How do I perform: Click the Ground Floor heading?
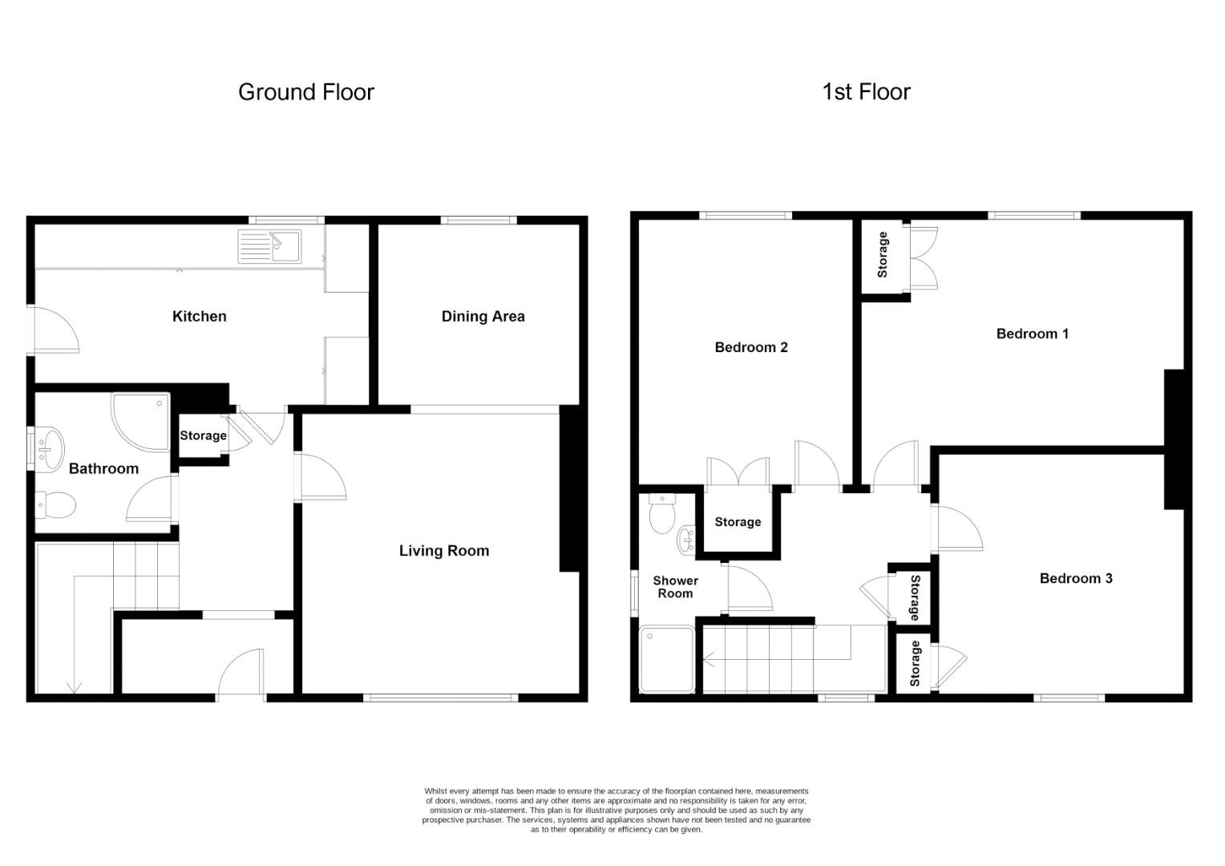[x=305, y=92]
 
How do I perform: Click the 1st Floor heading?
[x=866, y=92]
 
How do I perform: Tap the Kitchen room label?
[x=199, y=317]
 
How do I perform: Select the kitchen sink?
[x=269, y=246]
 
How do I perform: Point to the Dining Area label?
[x=483, y=317]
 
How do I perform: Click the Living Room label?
[x=443, y=551]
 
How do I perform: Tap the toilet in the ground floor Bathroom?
[x=56, y=505]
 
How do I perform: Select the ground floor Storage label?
[x=203, y=435]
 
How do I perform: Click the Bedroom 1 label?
[x=1032, y=334]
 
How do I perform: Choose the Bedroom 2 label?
[x=750, y=347]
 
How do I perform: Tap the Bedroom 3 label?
[x=1075, y=578]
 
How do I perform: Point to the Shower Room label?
[x=675, y=587]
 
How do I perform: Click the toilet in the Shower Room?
[x=662, y=515]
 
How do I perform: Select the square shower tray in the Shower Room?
[x=667, y=660]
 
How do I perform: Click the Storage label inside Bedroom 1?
[x=883, y=255]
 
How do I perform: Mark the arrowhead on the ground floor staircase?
[x=75, y=687]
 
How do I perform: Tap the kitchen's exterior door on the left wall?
[x=53, y=330]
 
